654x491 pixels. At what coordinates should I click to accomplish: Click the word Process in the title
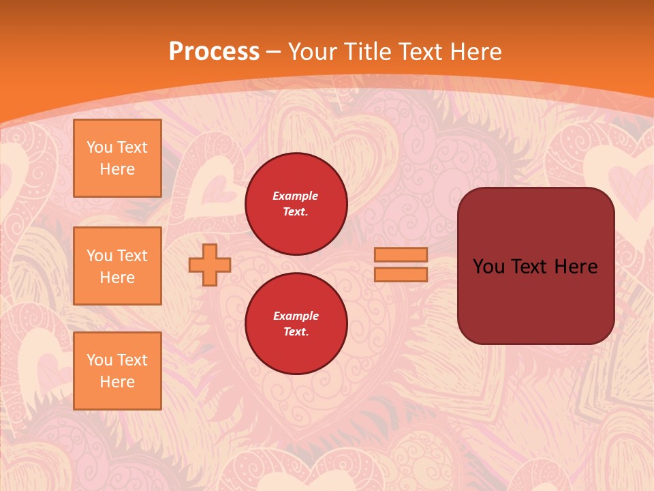214,52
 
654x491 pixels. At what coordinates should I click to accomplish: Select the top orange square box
117,158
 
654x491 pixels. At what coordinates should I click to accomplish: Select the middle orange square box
117,266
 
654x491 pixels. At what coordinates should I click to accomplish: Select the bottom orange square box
117,371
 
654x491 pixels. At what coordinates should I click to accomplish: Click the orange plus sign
210,265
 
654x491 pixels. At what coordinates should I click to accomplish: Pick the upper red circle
296,204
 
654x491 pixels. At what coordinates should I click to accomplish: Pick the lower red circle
296,324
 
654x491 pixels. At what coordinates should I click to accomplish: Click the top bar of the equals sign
401,255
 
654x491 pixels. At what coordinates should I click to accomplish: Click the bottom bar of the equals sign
401,275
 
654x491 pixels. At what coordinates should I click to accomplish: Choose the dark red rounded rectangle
535,266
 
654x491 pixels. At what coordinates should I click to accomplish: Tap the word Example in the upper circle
295,196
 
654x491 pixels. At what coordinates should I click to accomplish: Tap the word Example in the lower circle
296,316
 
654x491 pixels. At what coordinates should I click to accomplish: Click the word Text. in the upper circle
296,212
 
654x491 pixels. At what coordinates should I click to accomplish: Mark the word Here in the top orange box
117,169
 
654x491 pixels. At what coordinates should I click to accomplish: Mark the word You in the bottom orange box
99,360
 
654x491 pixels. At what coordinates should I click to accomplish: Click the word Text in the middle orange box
131,256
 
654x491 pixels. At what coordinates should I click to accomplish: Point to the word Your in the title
311,52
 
